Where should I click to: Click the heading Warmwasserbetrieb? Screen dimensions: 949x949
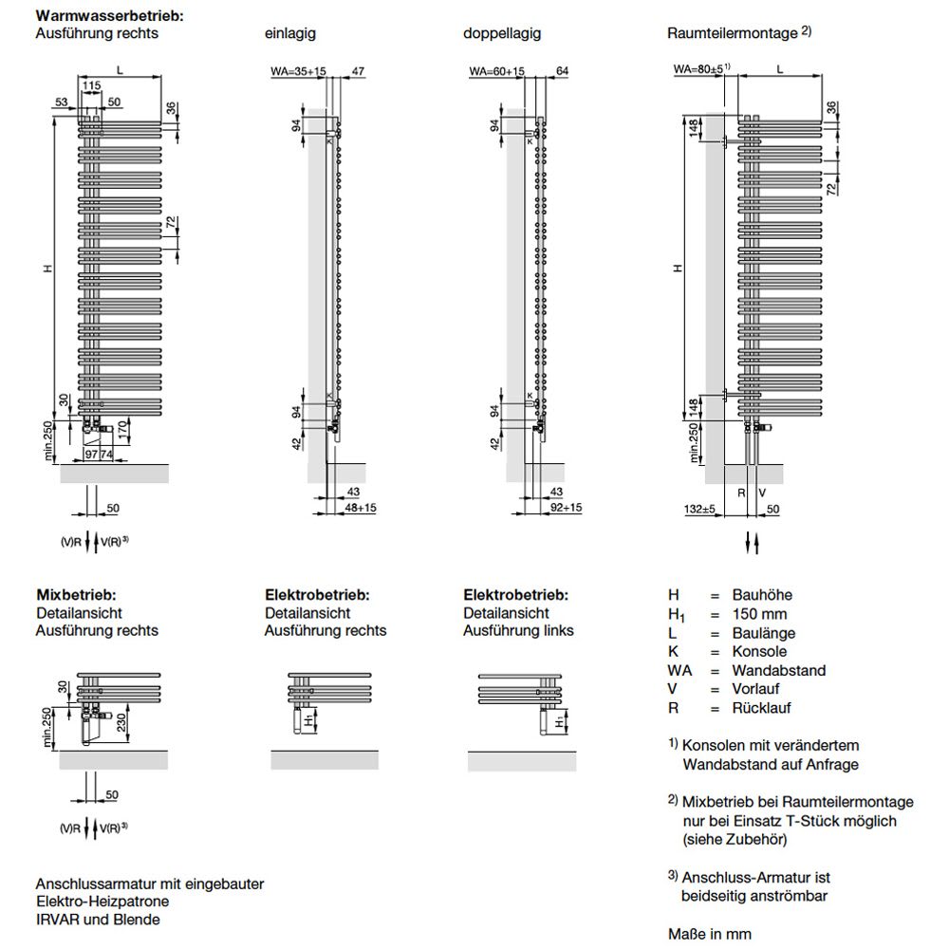[109, 16]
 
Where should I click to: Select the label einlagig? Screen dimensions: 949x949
[289, 33]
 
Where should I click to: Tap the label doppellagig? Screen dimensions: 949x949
[502, 33]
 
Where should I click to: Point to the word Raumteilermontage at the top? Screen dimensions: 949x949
[733, 33]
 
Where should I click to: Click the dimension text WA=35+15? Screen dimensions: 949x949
[298, 71]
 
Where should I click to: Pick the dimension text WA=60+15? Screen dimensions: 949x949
[497, 71]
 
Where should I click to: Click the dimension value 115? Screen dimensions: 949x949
[91, 86]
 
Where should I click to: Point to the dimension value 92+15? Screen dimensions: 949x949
[567, 509]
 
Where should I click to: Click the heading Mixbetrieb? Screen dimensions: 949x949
[76, 595]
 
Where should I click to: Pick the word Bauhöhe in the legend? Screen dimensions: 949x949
[762, 595]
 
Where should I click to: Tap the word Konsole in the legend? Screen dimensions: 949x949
[759, 652]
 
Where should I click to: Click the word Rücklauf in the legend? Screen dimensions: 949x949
[761, 708]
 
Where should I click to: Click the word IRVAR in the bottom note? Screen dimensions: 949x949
[59, 919]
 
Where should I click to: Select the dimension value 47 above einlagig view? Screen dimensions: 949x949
[358, 71]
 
